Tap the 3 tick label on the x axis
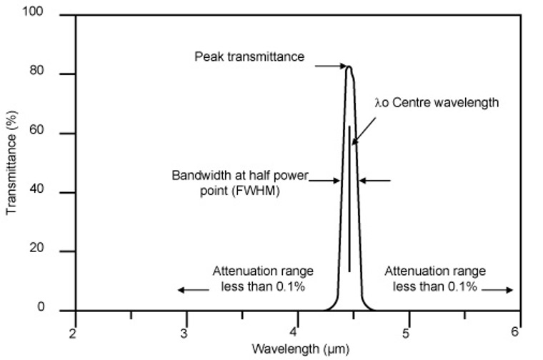click(184, 333)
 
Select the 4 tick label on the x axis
click(294, 333)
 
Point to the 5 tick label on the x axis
click(406, 333)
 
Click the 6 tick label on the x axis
click(516, 332)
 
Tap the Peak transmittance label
click(250, 56)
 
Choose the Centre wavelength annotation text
click(436, 102)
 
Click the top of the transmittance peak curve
click(349, 67)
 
